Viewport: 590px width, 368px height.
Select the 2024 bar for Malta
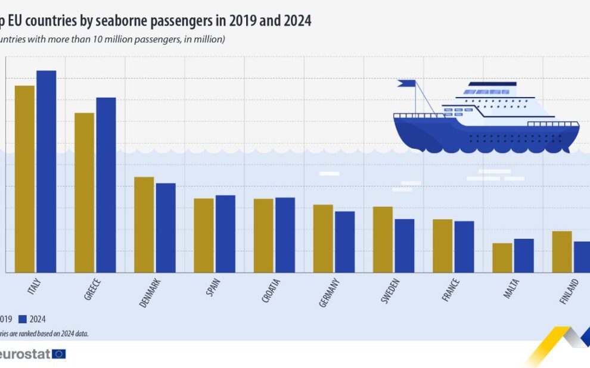(524, 255)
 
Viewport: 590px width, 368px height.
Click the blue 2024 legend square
(23, 319)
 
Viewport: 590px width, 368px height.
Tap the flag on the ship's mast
(407, 83)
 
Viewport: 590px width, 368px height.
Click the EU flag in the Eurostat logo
(59, 354)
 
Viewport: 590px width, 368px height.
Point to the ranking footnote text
(44, 334)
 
